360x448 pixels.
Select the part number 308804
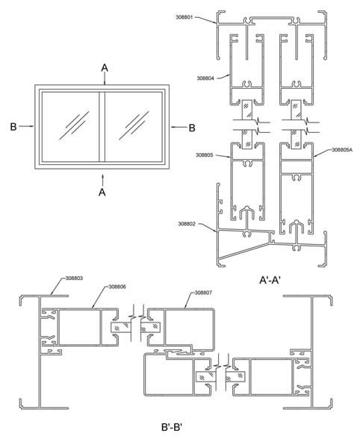(186, 77)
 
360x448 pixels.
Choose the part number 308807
(202, 293)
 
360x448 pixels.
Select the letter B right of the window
(191, 128)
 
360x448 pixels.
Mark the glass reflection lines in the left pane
(75, 122)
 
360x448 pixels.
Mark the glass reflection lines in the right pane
(137, 122)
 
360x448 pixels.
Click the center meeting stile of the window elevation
(104, 128)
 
